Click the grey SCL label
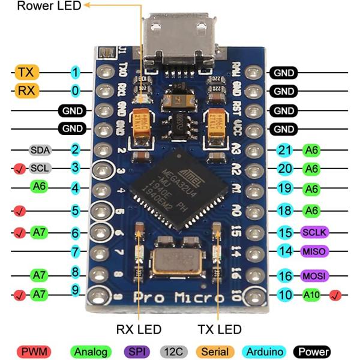39,167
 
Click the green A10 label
312,295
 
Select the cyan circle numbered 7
75,251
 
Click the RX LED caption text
139,329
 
